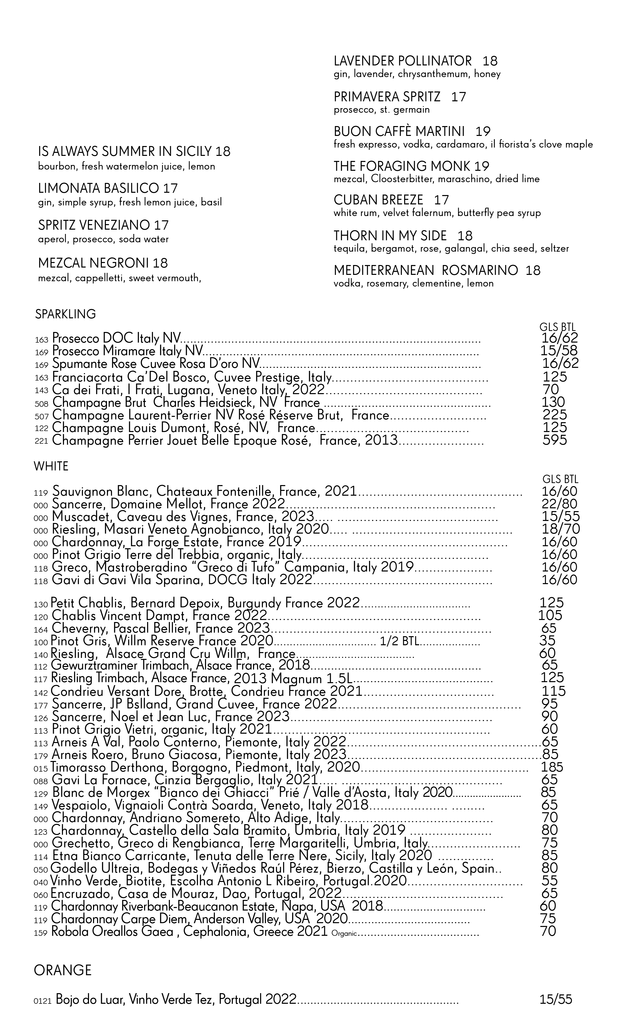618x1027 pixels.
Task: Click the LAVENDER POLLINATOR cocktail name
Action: pos(402,61)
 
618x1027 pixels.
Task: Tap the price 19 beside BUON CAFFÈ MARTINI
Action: pos(483,131)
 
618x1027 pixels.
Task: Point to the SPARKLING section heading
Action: pos(65,314)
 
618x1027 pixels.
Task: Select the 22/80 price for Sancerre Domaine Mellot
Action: pos(560,504)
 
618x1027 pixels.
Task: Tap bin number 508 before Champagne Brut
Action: pos(42,404)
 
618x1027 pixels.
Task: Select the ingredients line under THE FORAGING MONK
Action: pos(437,179)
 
